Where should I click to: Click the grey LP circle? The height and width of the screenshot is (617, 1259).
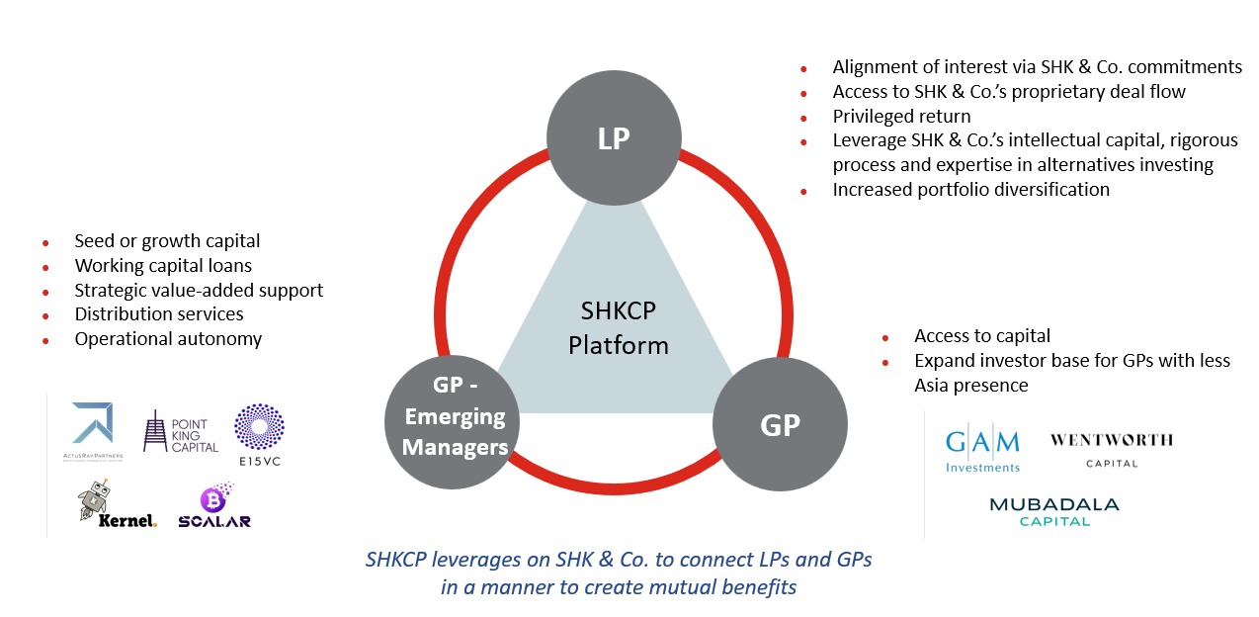pos(614,138)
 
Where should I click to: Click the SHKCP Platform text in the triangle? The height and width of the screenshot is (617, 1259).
pos(624,328)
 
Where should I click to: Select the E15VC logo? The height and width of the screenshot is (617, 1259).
pos(259,433)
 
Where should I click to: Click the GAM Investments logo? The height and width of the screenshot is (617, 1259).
pos(982,450)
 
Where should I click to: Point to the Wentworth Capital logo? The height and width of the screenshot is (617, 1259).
pos(1112,449)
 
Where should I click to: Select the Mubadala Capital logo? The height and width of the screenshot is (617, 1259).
pos(1054,511)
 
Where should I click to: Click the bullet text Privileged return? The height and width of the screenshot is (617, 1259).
pos(901,117)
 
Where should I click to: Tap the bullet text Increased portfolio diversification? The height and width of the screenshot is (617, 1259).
pos(970,189)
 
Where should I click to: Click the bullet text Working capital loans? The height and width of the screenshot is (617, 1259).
pos(163,265)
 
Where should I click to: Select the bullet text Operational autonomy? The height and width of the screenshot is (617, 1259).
pos(168,338)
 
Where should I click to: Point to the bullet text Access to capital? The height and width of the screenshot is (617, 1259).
pos(981,336)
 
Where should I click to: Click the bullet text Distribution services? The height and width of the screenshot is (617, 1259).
pos(159,313)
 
